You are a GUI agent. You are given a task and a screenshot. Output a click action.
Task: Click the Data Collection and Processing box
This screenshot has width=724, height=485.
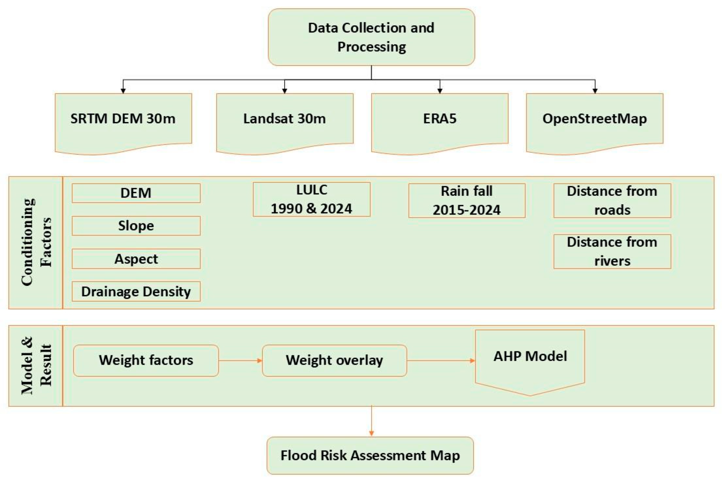pyautogui.click(x=371, y=37)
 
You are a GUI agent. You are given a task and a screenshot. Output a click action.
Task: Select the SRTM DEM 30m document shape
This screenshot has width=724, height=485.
pyautogui.click(x=123, y=120)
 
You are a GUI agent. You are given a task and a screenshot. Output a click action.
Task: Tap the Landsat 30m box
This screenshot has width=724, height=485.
pyautogui.click(x=285, y=120)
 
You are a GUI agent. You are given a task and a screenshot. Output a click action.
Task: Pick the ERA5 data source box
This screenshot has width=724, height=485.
pyautogui.click(x=440, y=120)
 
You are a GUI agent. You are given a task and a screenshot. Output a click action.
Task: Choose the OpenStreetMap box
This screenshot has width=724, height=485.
pyautogui.click(x=594, y=120)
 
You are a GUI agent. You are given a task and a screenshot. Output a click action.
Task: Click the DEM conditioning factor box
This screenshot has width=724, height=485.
pyautogui.click(x=136, y=193)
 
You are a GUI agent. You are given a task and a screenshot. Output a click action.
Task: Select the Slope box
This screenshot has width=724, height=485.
pyautogui.click(x=136, y=226)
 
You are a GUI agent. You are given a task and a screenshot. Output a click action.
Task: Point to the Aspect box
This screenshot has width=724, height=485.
pyautogui.click(x=136, y=259)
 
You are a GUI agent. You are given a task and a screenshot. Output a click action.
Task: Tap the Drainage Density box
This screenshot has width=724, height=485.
pyautogui.click(x=136, y=291)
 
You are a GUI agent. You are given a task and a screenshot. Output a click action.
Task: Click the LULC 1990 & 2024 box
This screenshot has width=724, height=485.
pyautogui.click(x=311, y=199)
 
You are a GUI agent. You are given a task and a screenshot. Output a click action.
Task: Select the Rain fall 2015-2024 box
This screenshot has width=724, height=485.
pyautogui.click(x=467, y=200)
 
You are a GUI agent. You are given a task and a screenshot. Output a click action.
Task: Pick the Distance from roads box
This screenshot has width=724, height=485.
pyautogui.click(x=612, y=200)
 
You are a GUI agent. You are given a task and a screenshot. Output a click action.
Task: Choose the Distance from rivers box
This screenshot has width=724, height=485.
pyautogui.click(x=612, y=251)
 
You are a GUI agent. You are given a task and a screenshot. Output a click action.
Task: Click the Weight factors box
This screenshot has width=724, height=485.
pyautogui.click(x=146, y=360)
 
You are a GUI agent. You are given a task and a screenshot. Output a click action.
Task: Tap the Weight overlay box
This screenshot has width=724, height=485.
pyautogui.click(x=334, y=360)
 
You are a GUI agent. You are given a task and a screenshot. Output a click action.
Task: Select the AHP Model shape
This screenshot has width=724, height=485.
pyautogui.click(x=530, y=360)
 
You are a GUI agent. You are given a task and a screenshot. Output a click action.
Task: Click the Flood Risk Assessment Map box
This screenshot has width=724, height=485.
pyautogui.click(x=370, y=455)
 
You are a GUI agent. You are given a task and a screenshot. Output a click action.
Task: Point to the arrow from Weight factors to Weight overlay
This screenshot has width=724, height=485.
pyautogui.click(x=240, y=360)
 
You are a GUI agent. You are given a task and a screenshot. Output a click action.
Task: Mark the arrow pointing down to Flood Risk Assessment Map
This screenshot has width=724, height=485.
pyautogui.click(x=371, y=422)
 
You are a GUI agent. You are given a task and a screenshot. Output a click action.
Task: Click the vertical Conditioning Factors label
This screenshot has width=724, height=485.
pyautogui.click(x=36, y=242)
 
